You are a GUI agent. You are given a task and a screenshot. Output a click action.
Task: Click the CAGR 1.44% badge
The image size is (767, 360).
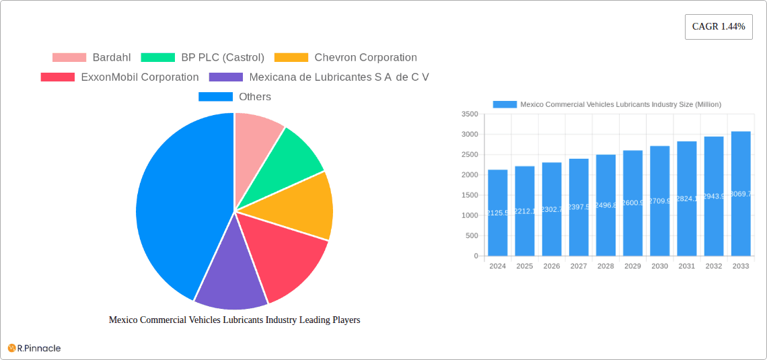[x=718, y=27]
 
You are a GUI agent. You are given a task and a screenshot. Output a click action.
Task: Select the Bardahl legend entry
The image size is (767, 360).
[x=92, y=58]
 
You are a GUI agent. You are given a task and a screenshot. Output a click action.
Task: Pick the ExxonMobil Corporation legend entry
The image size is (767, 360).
[x=120, y=77]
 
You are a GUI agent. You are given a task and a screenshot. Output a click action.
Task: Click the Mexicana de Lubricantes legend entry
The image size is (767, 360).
[x=319, y=77]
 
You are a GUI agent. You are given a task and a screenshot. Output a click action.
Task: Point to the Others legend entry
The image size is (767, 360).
[x=235, y=97]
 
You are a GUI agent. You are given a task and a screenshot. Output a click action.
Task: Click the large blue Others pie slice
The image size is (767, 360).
[x=175, y=202]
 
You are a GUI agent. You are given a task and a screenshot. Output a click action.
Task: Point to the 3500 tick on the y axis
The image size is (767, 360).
[x=470, y=114]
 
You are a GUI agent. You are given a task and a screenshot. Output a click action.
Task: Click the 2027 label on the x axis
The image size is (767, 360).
[x=579, y=266]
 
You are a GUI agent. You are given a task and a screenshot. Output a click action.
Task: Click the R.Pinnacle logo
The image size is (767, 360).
[x=34, y=348]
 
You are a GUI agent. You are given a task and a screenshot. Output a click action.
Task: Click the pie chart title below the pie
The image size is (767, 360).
[x=234, y=320]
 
